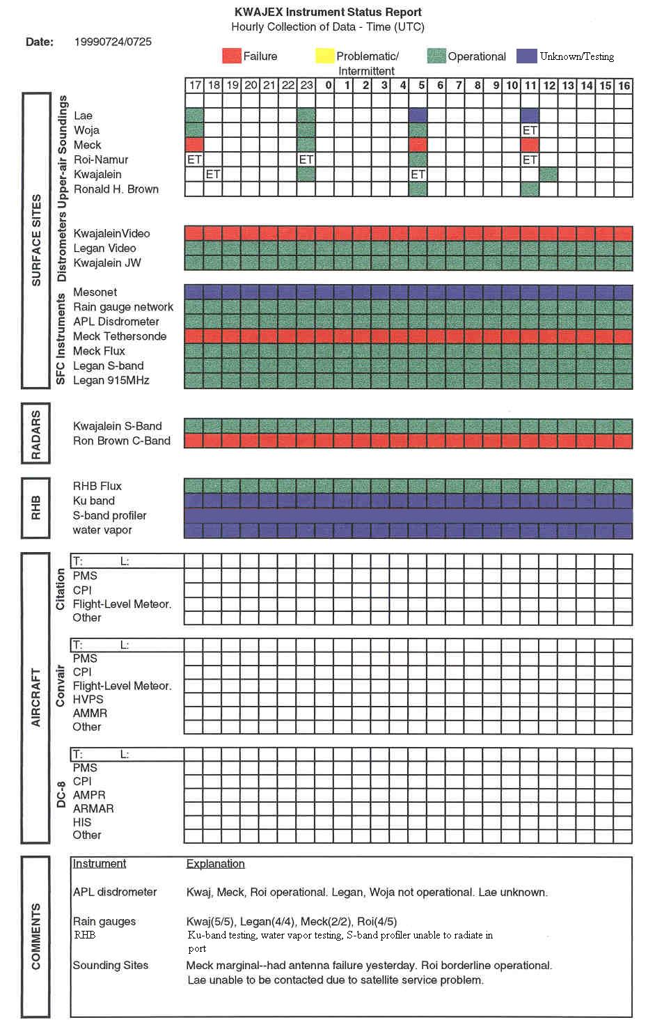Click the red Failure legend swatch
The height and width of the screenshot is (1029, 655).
tap(232, 56)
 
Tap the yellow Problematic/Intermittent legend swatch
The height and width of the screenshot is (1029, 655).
tap(324, 56)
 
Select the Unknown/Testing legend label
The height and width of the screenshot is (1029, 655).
tap(576, 56)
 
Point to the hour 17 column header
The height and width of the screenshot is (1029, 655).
tap(195, 86)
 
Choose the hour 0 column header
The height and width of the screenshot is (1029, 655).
tap(329, 86)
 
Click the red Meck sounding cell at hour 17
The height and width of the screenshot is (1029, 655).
tap(194, 145)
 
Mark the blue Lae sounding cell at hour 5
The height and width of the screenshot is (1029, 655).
tap(418, 116)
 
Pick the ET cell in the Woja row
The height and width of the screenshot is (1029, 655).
tap(530, 130)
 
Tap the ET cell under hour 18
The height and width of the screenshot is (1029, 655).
tap(213, 174)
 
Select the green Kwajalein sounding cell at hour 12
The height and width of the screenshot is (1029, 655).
tap(549, 174)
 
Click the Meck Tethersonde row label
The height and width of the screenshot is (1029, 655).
tap(120, 336)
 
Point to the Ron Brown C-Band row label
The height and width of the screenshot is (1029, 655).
tap(122, 441)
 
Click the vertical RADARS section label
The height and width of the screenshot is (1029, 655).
tap(36, 434)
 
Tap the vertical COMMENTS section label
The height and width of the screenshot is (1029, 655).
tap(36, 936)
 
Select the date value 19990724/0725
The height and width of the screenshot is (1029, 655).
tap(113, 42)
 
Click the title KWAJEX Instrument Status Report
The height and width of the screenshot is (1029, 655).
tap(328, 12)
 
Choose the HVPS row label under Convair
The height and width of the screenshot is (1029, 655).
tap(88, 700)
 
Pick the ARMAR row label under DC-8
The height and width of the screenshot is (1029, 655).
tap(93, 808)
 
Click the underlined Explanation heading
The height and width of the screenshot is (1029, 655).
tap(216, 863)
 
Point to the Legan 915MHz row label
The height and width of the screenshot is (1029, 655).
tap(111, 380)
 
